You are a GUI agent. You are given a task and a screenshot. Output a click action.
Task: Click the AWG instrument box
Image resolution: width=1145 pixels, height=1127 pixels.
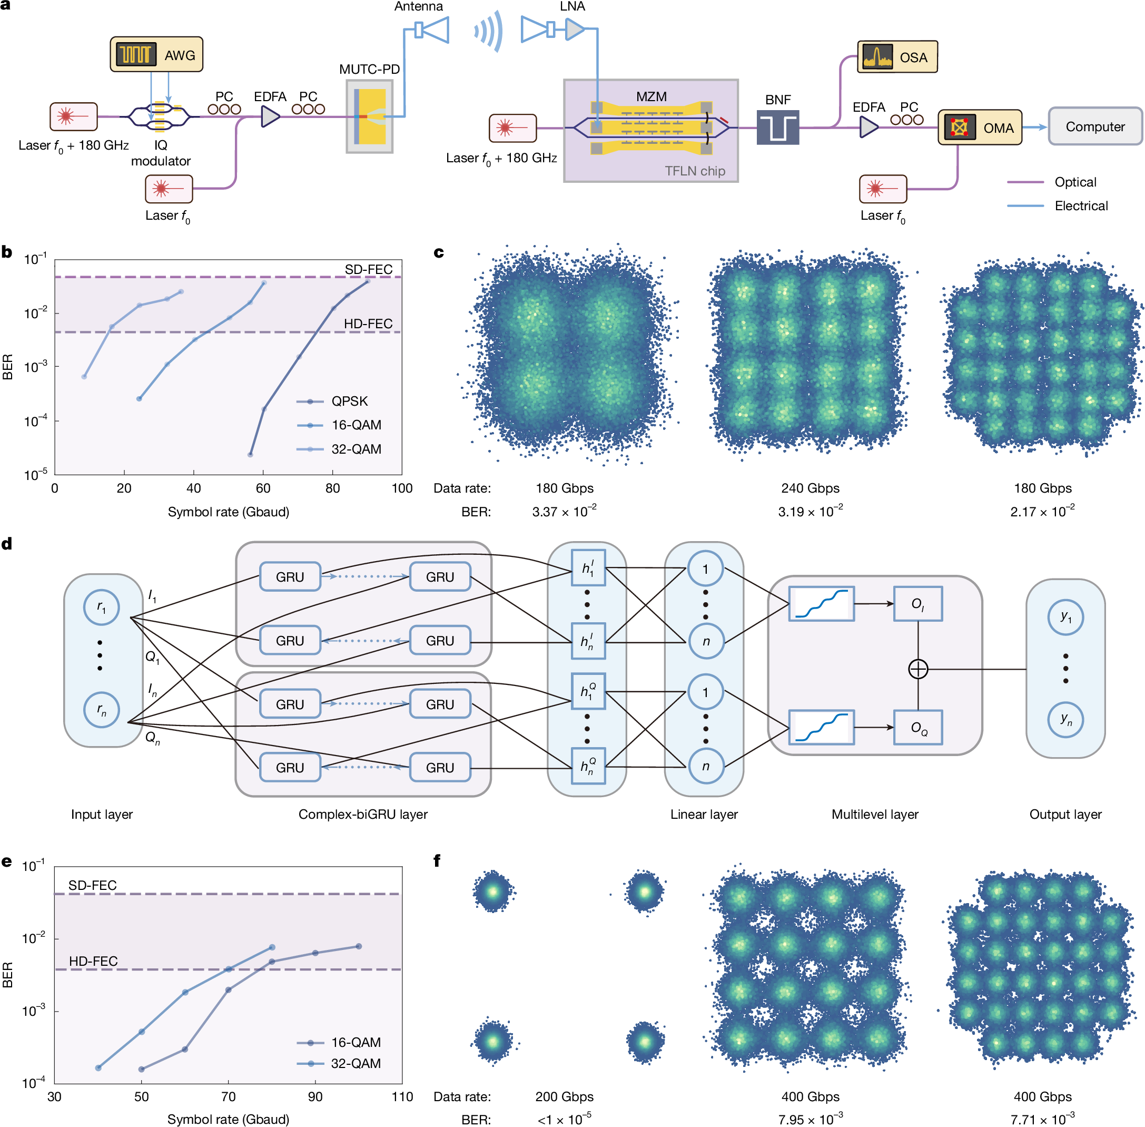point(156,54)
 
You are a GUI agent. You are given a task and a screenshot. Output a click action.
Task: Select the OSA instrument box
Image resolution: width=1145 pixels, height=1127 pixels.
point(896,57)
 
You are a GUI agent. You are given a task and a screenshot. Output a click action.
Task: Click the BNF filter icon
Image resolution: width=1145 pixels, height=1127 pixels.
point(777,126)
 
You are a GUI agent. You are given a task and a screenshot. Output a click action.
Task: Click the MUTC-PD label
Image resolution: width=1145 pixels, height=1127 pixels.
point(369,69)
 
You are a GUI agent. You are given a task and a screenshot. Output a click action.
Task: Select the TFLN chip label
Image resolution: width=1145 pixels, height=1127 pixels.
point(694,171)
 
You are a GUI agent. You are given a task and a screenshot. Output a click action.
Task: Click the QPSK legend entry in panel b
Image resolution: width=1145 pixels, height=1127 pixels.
point(349,401)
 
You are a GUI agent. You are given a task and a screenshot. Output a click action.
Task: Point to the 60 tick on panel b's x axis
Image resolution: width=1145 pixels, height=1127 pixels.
point(263,488)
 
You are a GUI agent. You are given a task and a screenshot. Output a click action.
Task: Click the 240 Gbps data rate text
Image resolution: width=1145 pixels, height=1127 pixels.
point(810,488)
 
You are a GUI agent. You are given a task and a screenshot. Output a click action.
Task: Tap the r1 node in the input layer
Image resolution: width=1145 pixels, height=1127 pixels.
point(102,607)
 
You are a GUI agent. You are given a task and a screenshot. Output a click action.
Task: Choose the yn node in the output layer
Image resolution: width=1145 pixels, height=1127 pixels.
point(1065,719)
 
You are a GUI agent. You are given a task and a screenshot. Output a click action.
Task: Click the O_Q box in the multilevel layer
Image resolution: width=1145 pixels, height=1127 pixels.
point(918,728)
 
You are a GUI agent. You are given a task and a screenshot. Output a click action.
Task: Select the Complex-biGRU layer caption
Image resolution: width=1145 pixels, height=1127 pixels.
point(363,814)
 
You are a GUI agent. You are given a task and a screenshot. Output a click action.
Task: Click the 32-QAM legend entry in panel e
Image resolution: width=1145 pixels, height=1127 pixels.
point(355,1063)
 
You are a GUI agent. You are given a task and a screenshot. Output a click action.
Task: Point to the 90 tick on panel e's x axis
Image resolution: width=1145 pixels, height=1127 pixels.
point(315,1097)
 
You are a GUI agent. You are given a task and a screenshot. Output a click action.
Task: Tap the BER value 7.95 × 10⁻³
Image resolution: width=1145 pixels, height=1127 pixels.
point(810,1119)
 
